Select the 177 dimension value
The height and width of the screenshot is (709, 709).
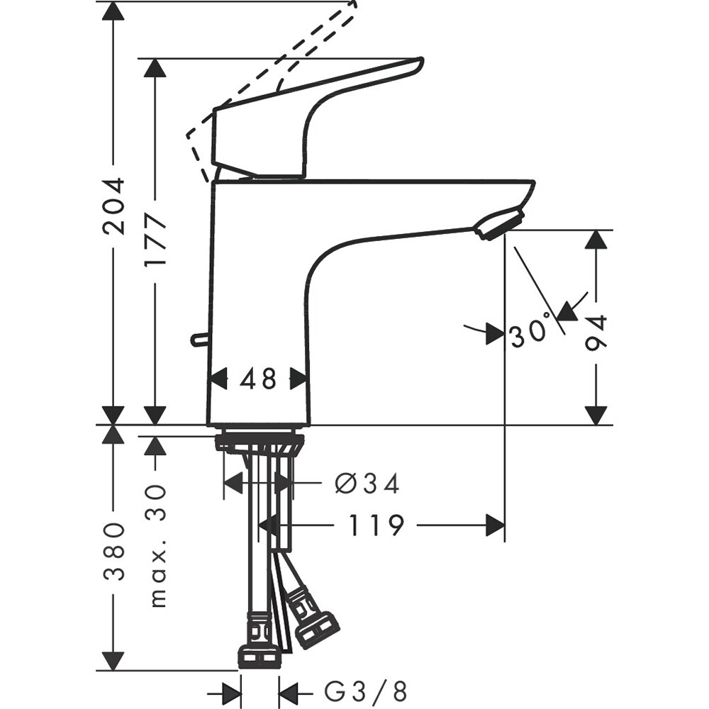pyautogui.click(x=155, y=241)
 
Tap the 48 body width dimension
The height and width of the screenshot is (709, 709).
pyautogui.click(x=258, y=379)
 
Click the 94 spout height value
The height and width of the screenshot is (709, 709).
pyautogui.click(x=597, y=333)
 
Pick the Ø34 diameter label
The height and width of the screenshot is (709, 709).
pyautogui.click(x=367, y=484)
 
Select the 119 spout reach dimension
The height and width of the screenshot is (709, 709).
pyautogui.click(x=376, y=526)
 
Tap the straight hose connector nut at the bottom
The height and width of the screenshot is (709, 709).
pyautogui.click(x=258, y=657)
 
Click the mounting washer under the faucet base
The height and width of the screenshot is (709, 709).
pyautogui.click(x=259, y=442)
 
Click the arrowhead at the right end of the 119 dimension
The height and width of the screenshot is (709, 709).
pyautogui.click(x=495, y=526)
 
